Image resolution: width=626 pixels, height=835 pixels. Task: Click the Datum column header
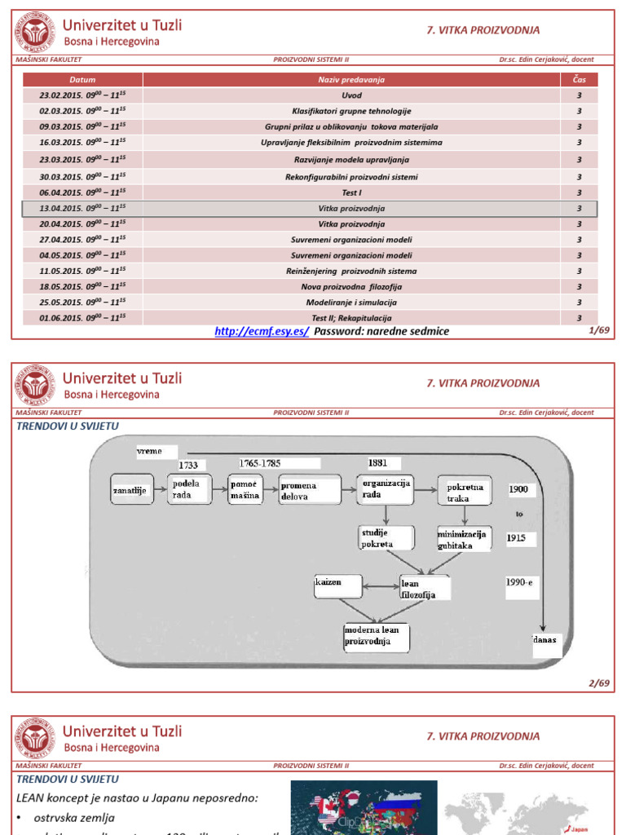click(82, 80)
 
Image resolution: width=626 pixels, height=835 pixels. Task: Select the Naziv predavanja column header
click(351, 80)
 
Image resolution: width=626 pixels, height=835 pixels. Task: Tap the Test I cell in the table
click(351, 192)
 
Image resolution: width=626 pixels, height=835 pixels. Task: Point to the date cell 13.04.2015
click(82, 209)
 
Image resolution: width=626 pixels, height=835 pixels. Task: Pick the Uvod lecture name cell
click(351, 95)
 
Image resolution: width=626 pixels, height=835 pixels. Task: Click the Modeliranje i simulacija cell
click(351, 303)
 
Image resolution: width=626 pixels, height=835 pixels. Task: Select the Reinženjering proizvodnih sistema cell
click(351, 271)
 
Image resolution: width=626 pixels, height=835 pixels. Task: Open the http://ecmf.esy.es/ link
click(262, 331)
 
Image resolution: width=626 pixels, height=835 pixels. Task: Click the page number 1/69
click(597, 331)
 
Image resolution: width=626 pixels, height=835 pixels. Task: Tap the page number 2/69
click(597, 683)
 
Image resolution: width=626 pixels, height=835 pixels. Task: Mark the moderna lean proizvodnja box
click(376, 636)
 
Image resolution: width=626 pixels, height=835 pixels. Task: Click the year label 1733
click(189, 465)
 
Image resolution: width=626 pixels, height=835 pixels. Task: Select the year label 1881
click(377, 462)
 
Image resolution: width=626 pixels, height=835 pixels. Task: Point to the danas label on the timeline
click(544, 639)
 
